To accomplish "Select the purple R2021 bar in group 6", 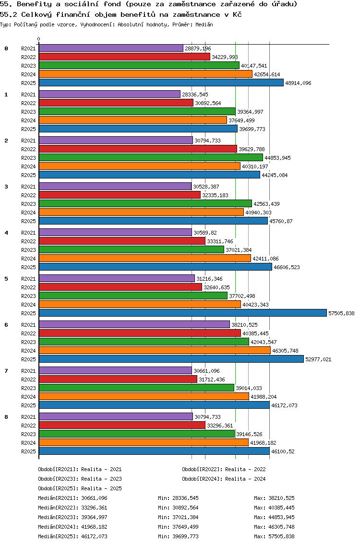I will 134,325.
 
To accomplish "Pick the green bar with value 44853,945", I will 151,158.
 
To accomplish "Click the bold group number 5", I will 6,279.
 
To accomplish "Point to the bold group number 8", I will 6,417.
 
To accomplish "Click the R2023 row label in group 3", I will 28,204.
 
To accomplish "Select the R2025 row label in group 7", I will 28,405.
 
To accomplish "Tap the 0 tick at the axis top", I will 38,39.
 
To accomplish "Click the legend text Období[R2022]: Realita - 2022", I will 224,469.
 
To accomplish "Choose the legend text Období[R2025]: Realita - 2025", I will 80,488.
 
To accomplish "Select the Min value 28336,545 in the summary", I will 184,498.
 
